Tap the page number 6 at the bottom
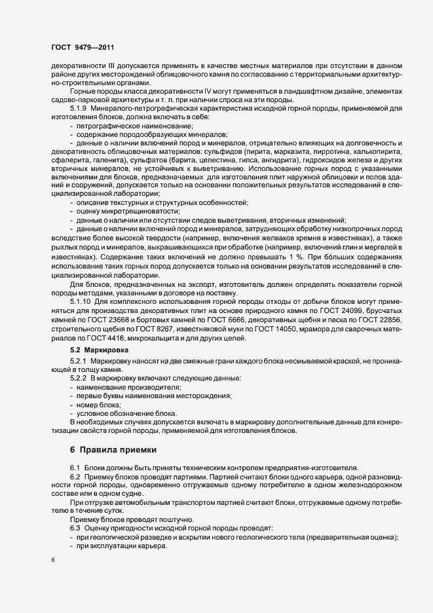pyautogui.click(x=52, y=561)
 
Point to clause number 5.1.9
pyautogui.click(x=82, y=107)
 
